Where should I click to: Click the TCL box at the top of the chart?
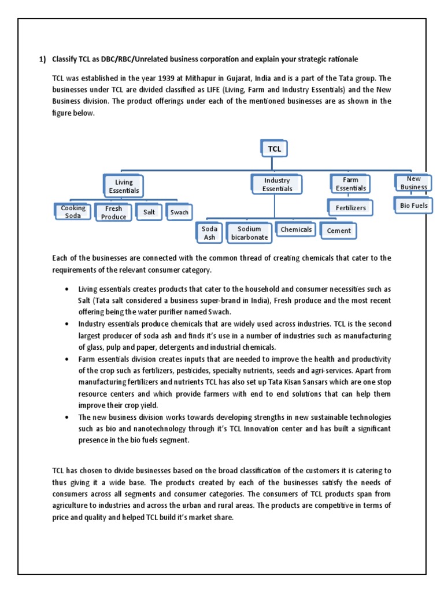(x=274, y=149)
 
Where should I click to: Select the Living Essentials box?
(x=124, y=186)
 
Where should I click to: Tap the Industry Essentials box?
(x=277, y=184)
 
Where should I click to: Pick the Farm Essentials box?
(x=350, y=184)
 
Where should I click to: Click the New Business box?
(x=413, y=183)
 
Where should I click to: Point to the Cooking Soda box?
(x=73, y=211)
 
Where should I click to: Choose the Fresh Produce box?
(x=113, y=213)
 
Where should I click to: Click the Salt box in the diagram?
(x=149, y=212)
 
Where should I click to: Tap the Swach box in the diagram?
(x=179, y=212)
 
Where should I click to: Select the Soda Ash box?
(x=209, y=233)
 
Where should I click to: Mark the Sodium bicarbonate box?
(x=249, y=233)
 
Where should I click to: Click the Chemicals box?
(x=296, y=230)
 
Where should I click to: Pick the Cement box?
(x=338, y=231)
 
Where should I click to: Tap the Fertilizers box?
(x=350, y=207)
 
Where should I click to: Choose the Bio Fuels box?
(x=413, y=205)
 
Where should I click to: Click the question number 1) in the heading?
(x=42, y=59)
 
